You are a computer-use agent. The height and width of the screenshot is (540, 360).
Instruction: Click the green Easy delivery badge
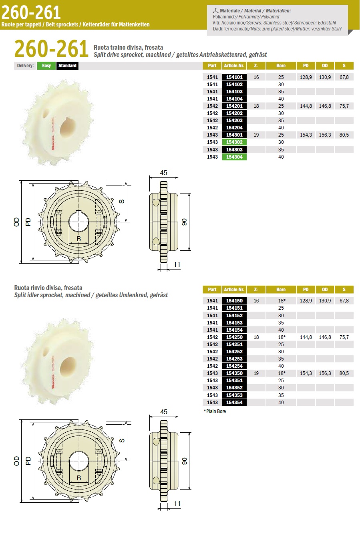click(x=46, y=66)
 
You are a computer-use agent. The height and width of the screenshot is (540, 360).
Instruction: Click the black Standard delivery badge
click(x=67, y=66)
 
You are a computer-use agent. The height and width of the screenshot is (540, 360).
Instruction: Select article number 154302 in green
click(x=234, y=142)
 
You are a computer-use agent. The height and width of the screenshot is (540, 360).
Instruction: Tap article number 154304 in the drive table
click(x=234, y=157)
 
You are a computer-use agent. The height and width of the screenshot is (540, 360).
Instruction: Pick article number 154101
click(x=234, y=77)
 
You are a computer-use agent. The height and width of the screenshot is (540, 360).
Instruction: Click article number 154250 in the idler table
click(x=234, y=337)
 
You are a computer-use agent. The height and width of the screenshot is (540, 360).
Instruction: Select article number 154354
click(x=234, y=402)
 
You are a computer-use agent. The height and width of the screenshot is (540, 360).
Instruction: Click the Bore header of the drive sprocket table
click(x=281, y=66)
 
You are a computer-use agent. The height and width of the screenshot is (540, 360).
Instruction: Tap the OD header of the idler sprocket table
click(x=325, y=289)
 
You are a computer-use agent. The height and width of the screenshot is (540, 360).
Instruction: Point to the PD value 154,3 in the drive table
click(x=306, y=135)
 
